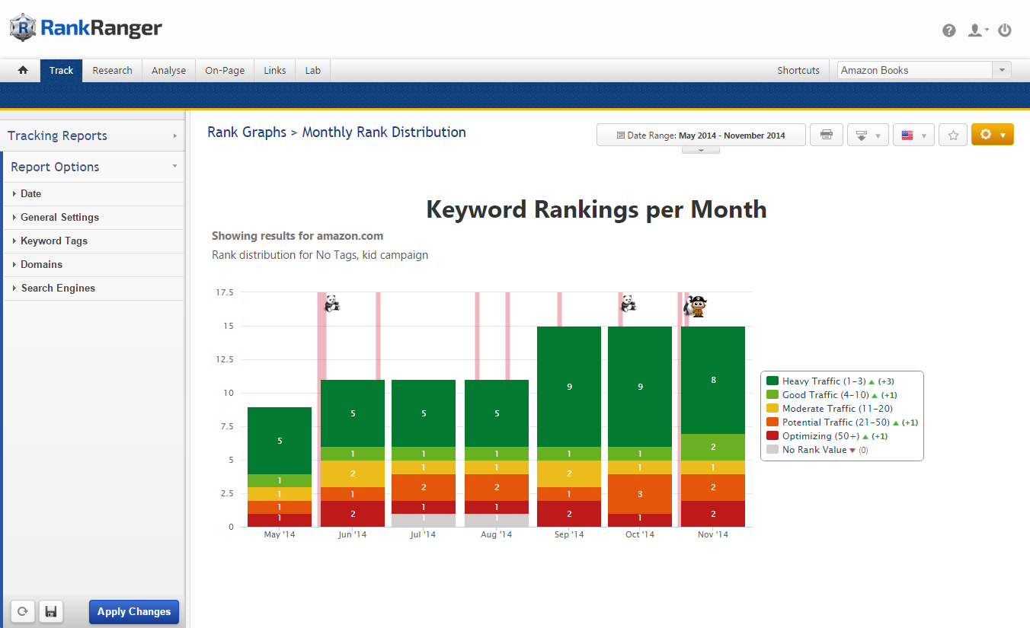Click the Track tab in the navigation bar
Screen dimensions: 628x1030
coord(61,70)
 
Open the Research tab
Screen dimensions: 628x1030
coord(112,70)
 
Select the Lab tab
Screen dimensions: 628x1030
coord(312,70)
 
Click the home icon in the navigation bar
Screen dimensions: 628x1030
coord(23,70)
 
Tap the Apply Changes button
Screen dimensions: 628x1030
coord(133,611)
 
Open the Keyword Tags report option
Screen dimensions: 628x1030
coord(54,241)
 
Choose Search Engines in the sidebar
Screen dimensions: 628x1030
coord(58,288)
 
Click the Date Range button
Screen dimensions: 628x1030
coord(700,135)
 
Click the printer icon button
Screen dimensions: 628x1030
coord(826,135)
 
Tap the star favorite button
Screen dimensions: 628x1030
coord(952,135)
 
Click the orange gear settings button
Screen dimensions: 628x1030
coord(992,135)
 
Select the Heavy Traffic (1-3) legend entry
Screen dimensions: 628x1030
coord(811,381)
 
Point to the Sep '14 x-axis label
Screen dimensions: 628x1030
coord(568,534)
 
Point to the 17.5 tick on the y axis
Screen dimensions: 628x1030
coord(224,292)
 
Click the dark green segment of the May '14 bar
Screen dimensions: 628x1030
coord(280,440)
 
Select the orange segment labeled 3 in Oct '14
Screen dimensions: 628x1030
coord(640,493)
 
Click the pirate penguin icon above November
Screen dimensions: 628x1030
coord(696,306)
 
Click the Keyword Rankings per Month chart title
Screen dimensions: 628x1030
coord(596,209)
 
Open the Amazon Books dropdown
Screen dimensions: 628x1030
coord(923,70)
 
